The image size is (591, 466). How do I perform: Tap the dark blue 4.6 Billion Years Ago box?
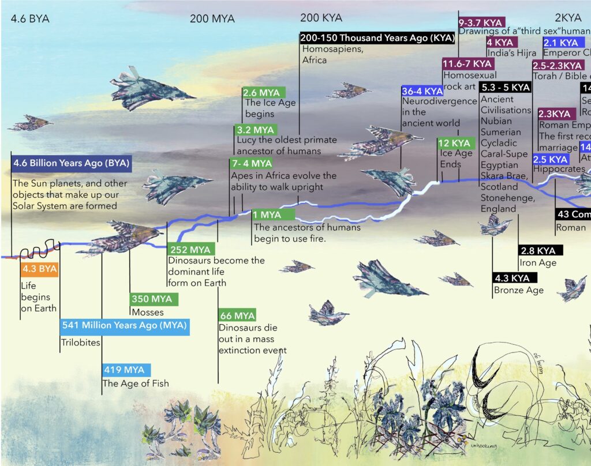tap(72, 163)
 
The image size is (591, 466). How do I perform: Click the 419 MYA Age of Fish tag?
tap(126, 369)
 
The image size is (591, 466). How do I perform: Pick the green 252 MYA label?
tap(191, 250)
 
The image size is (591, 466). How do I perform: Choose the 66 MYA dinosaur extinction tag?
tap(237, 316)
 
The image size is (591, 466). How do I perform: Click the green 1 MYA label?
tap(272, 215)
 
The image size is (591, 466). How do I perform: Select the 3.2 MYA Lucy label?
tap(255, 130)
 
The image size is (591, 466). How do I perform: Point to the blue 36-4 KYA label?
tap(422, 91)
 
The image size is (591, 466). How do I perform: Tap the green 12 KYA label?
tap(454, 143)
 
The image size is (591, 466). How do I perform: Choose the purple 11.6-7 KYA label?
tap(468, 63)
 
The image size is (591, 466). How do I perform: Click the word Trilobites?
tap(80, 343)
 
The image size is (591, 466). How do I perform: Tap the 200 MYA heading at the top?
tap(212, 18)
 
